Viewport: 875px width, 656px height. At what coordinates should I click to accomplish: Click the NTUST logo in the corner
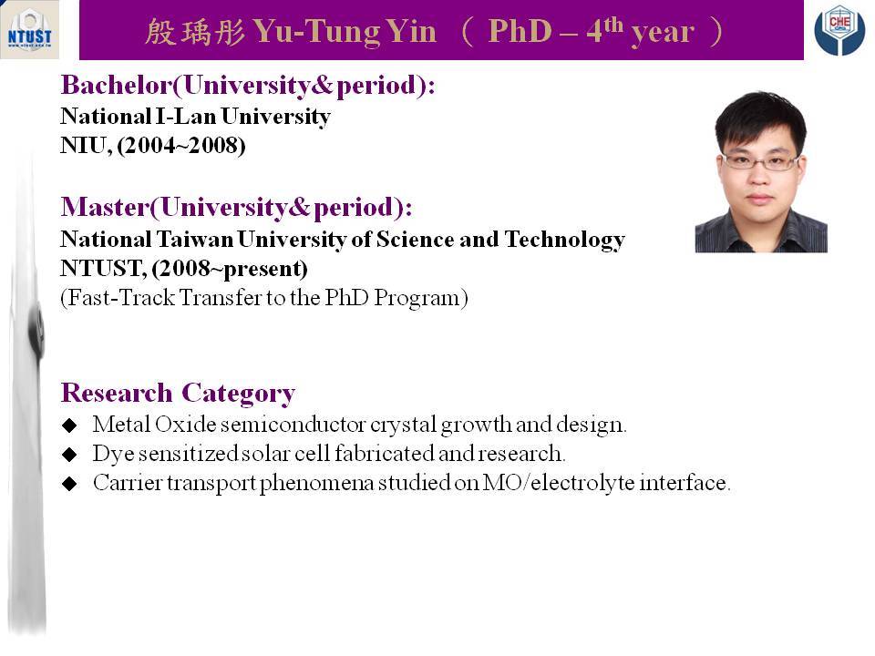(29, 29)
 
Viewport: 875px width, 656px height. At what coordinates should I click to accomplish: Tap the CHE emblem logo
(839, 30)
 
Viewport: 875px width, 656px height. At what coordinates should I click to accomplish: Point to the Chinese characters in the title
(195, 32)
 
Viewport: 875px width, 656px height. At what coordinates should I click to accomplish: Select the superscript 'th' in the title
(612, 24)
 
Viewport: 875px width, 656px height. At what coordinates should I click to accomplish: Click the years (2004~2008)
(181, 146)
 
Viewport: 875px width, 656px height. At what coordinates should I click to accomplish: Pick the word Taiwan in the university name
(195, 240)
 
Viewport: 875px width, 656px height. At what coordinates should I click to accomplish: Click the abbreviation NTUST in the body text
(103, 269)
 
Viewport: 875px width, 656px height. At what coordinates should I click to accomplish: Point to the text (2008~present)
(230, 269)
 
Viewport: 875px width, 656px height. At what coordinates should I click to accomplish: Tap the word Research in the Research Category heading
(117, 393)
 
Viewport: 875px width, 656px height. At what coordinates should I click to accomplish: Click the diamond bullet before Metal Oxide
(69, 425)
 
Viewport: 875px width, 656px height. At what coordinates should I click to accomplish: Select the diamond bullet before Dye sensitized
(69, 455)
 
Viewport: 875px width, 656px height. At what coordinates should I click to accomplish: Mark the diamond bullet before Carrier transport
(69, 484)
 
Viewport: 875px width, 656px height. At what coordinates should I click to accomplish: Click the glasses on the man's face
(760, 162)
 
